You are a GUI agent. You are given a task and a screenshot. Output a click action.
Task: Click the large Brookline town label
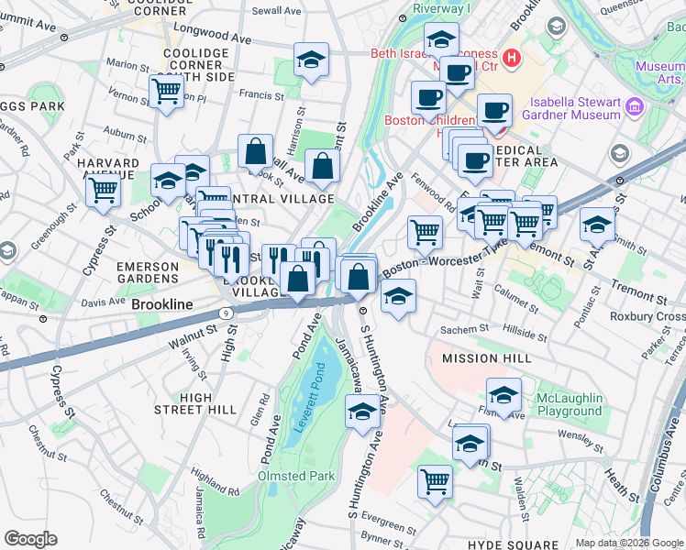[x=162, y=303]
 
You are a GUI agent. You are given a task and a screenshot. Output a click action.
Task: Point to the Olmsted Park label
[x=296, y=477]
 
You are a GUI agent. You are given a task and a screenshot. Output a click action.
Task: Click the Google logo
[x=30, y=539]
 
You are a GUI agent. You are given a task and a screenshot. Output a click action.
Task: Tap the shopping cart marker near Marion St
[x=166, y=90]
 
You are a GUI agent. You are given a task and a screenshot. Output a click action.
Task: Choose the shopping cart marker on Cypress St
[x=104, y=191]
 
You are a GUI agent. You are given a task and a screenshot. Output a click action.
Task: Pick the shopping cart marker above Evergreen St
[x=435, y=479]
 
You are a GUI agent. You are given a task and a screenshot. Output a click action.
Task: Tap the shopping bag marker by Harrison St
[x=256, y=151]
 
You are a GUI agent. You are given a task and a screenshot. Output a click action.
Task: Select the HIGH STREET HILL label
[x=195, y=402]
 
